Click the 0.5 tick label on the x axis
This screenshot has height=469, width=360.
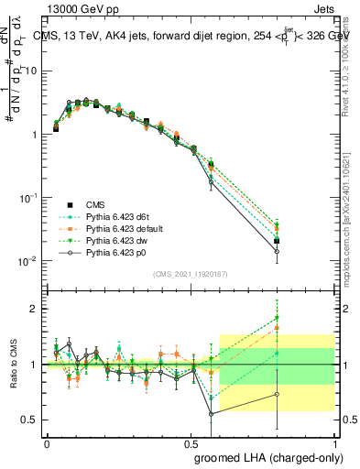pos(191,443)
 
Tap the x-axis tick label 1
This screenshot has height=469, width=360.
pos(334,443)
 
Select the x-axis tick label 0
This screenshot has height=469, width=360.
pos(48,443)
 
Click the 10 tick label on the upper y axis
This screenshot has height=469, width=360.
pos(31,71)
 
